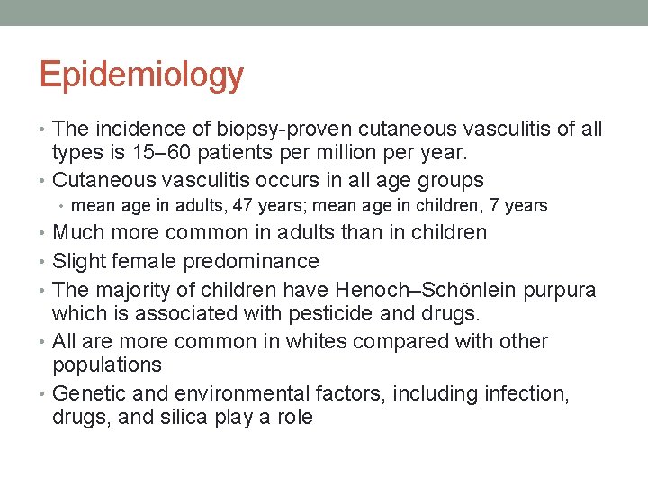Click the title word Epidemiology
click(141, 76)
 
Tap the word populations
click(107, 364)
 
